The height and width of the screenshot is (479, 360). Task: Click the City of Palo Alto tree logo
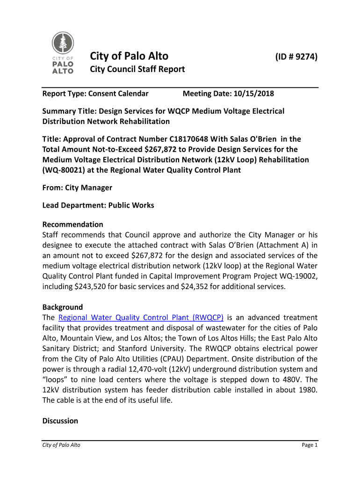coord(62,52)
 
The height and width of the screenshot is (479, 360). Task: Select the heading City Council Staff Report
coord(137,69)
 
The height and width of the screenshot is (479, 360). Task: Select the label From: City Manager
coord(77,188)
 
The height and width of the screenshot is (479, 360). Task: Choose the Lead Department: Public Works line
coord(98,205)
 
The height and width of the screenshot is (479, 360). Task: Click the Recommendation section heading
coord(72,225)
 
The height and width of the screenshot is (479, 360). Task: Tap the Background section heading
coord(63,307)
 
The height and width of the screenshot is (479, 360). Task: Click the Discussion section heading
coord(60,421)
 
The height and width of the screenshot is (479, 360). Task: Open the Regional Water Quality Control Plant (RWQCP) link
coord(141,318)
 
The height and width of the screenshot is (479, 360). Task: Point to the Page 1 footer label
coord(310,445)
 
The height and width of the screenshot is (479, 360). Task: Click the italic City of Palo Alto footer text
coord(61,445)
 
